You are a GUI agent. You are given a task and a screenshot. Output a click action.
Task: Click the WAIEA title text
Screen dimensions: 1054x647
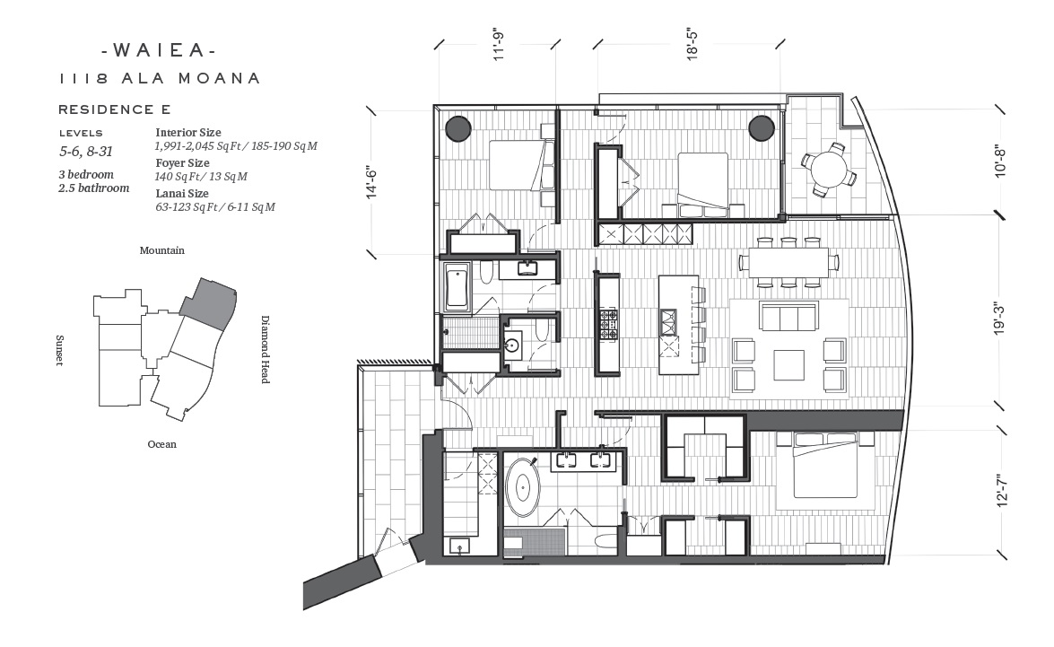(x=160, y=49)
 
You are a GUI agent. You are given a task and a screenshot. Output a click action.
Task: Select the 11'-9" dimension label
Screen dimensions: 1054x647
(x=498, y=44)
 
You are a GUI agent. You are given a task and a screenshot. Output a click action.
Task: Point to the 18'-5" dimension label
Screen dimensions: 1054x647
(x=693, y=44)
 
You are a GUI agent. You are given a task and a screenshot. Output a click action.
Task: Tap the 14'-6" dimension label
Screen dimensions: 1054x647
(x=371, y=181)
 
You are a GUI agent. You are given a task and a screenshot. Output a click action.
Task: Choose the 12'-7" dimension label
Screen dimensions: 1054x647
(x=1002, y=490)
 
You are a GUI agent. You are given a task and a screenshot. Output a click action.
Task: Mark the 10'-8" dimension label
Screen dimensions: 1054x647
(x=1000, y=162)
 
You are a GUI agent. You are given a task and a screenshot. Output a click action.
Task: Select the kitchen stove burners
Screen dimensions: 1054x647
(x=609, y=324)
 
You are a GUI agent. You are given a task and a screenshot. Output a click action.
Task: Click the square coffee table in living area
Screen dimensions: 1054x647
(x=788, y=365)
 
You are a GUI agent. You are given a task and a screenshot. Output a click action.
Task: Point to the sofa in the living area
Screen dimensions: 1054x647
(x=788, y=316)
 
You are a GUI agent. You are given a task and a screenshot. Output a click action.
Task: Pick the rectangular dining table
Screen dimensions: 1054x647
(x=788, y=262)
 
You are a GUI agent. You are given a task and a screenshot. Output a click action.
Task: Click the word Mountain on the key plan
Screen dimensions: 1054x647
(x=162, y=250)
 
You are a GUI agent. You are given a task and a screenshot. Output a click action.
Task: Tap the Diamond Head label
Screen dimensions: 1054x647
(x=266, y=349)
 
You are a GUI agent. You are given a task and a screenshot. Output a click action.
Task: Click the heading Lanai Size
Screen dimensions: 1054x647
(x=182, y=194)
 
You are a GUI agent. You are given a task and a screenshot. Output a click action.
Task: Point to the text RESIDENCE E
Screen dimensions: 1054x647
(x=114, y=109)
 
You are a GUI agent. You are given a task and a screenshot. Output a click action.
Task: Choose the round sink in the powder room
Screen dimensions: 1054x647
(x=512, y=345)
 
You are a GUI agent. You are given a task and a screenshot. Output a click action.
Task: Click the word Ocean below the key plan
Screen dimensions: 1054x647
(x=162, y=444)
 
